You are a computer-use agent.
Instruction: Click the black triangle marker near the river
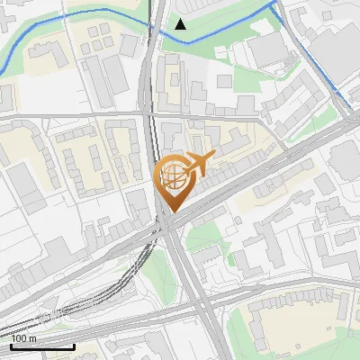pyautogui.click(x=181, y=24)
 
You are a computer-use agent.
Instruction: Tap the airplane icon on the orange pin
pyautogui.click(x=198, y=163)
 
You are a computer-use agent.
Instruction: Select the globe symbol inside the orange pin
pyautogui.click(x=171, y=175)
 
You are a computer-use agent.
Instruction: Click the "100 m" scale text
pyautogui.click(x=24, y=339)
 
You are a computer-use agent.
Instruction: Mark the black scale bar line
pyautogui.click(x=42, y=346)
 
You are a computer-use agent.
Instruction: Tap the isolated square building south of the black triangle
pyautogui.click(x=225, y=82)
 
